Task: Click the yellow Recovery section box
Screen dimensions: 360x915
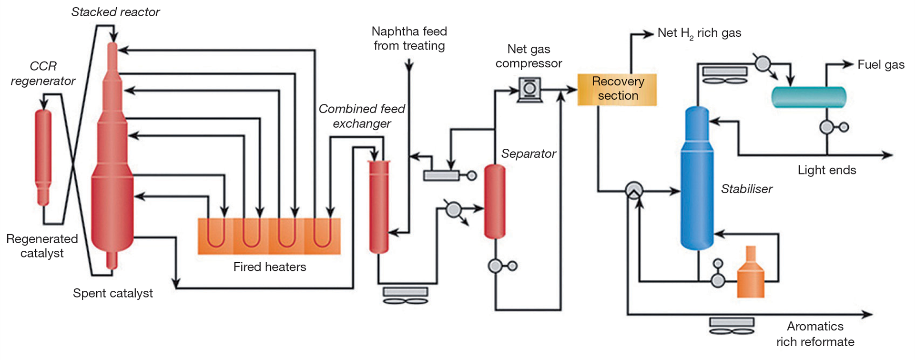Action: click(617, 89)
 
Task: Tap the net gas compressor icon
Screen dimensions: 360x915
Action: click(529, 89)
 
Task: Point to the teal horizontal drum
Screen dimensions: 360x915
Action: click(808, 97)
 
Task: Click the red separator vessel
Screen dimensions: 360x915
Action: click(495, 201)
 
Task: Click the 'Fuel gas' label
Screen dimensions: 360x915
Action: click(881, 64)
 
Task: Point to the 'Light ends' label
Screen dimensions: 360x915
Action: click(827, 170)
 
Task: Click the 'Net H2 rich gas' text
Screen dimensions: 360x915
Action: click(699, 33)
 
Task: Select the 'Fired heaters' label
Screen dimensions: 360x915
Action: click(270, 267)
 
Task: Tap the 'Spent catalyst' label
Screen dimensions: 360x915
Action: click(113, 293)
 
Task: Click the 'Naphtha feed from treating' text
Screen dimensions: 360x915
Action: click(409, 39)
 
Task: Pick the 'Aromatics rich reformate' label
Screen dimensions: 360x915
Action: click(815, 334)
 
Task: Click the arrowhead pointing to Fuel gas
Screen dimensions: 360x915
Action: click(848, 64)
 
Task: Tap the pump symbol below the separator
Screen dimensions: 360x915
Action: click(496, 266)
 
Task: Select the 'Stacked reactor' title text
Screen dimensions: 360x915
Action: click(115, 12)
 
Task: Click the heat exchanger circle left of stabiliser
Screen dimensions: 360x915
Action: click(634, 191)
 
